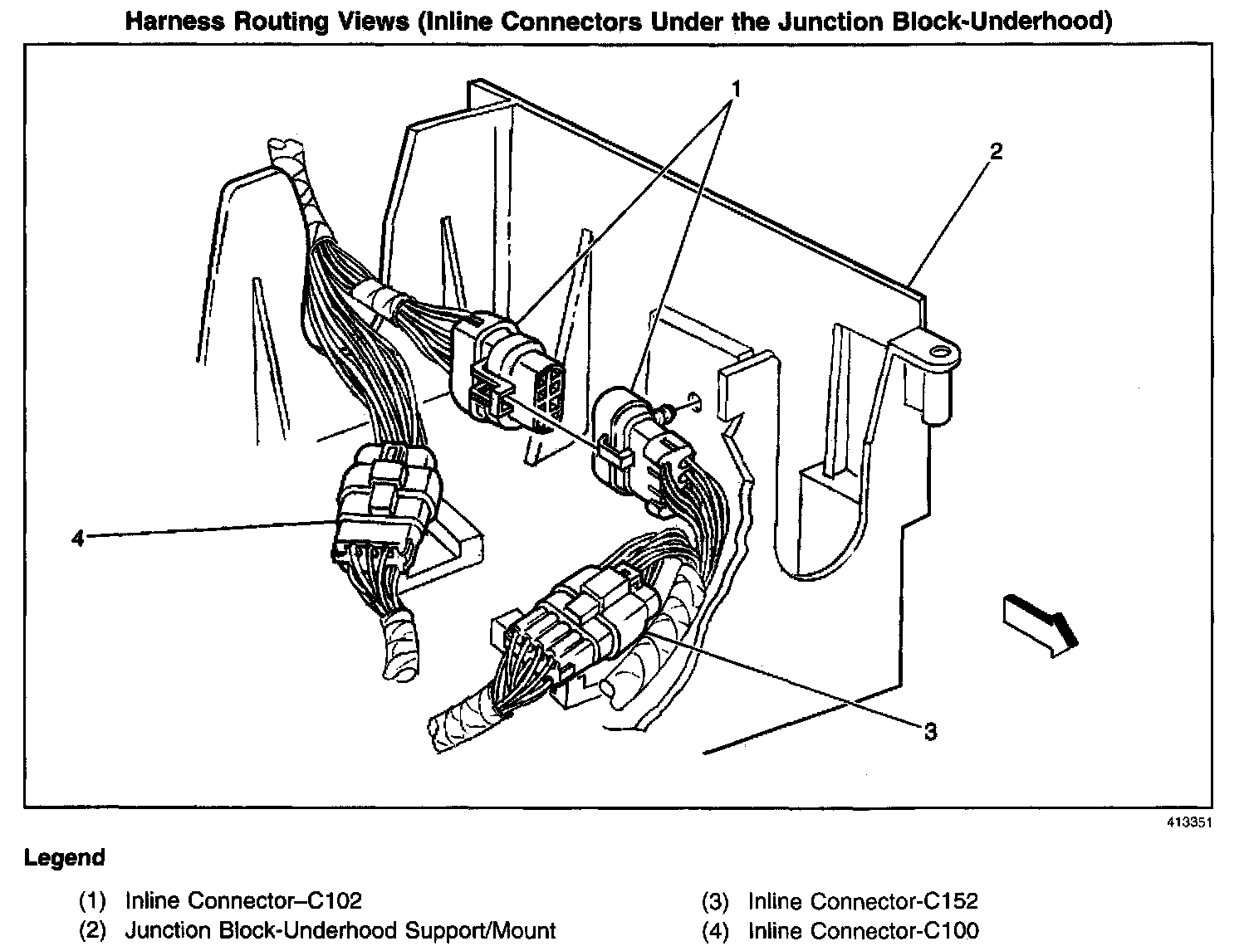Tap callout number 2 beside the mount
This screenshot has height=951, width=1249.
[996, 152]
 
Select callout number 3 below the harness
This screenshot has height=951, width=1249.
[931, 731]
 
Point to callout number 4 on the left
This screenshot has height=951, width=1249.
[78, 539]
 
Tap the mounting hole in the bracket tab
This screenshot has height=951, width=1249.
[940, 353]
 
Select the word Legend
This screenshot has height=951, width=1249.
[65, 857]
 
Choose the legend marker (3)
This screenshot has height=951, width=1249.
[715, 900]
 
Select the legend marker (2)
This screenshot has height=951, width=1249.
[93, 930]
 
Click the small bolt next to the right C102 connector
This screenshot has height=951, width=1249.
[666, 410]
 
